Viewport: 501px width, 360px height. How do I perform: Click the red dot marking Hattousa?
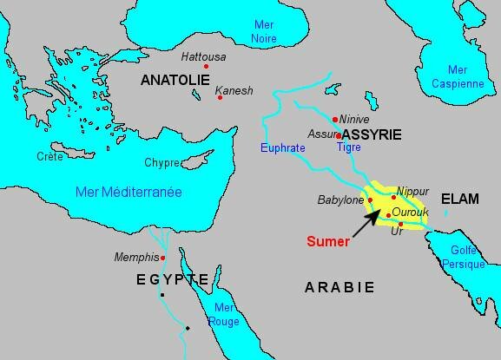pyautogui.click(x=207, y=67)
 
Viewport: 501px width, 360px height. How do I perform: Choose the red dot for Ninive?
pyautogui.click(x=335, y=119)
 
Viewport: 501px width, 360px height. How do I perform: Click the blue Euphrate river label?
pyautogui.click(x=284, y=148)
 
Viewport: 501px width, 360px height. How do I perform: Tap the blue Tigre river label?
pyautogui.click(x=349, y=147)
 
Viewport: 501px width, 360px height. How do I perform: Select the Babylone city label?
pyautogui.click(x=341, y=200)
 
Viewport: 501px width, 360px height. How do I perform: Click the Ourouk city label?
pyautogui.click(x=409, y=212)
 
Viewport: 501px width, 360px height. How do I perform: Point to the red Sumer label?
pyautogui.click(x=329, y=242)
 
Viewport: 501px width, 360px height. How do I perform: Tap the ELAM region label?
pyautogui.click(x=459, y=199)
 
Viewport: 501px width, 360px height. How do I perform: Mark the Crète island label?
pyautogui.click(x=49, y=156)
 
